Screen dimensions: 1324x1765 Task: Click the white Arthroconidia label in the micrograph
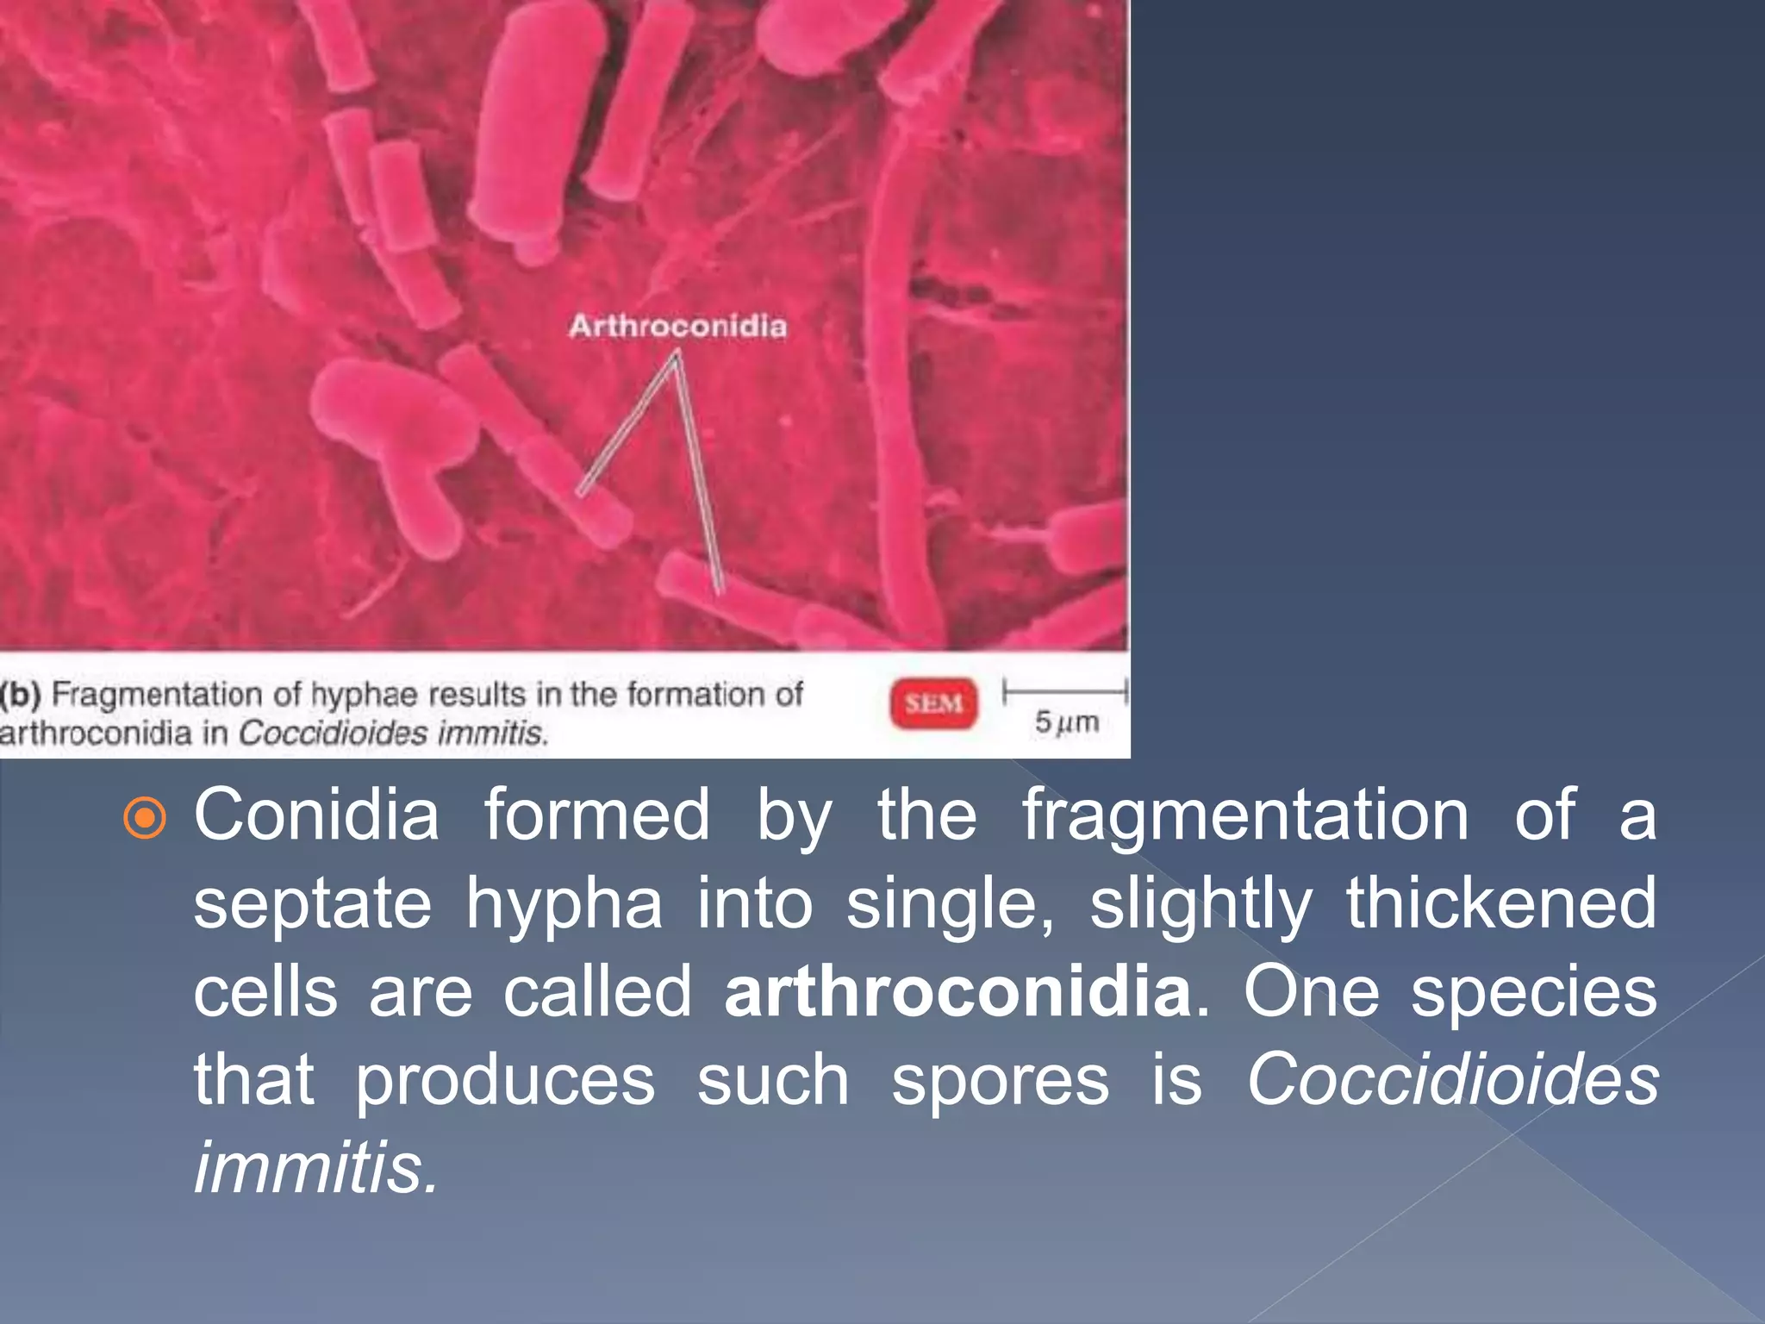(677, 326)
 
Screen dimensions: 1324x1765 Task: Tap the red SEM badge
(933, 703)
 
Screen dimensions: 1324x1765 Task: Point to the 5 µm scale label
(1067, 722)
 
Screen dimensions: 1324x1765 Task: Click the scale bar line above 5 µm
(1064, 690)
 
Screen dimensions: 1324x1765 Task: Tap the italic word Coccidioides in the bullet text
(1452, 1081)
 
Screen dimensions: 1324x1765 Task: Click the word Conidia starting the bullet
(315, 815)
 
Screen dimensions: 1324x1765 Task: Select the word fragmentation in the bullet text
(1245, 817)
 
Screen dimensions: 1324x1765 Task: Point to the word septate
(312, 905)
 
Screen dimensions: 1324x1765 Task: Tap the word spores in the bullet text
(1000, 1081)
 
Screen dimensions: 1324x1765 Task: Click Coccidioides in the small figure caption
(333, 734)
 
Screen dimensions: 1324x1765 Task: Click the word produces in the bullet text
(505, 1081)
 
